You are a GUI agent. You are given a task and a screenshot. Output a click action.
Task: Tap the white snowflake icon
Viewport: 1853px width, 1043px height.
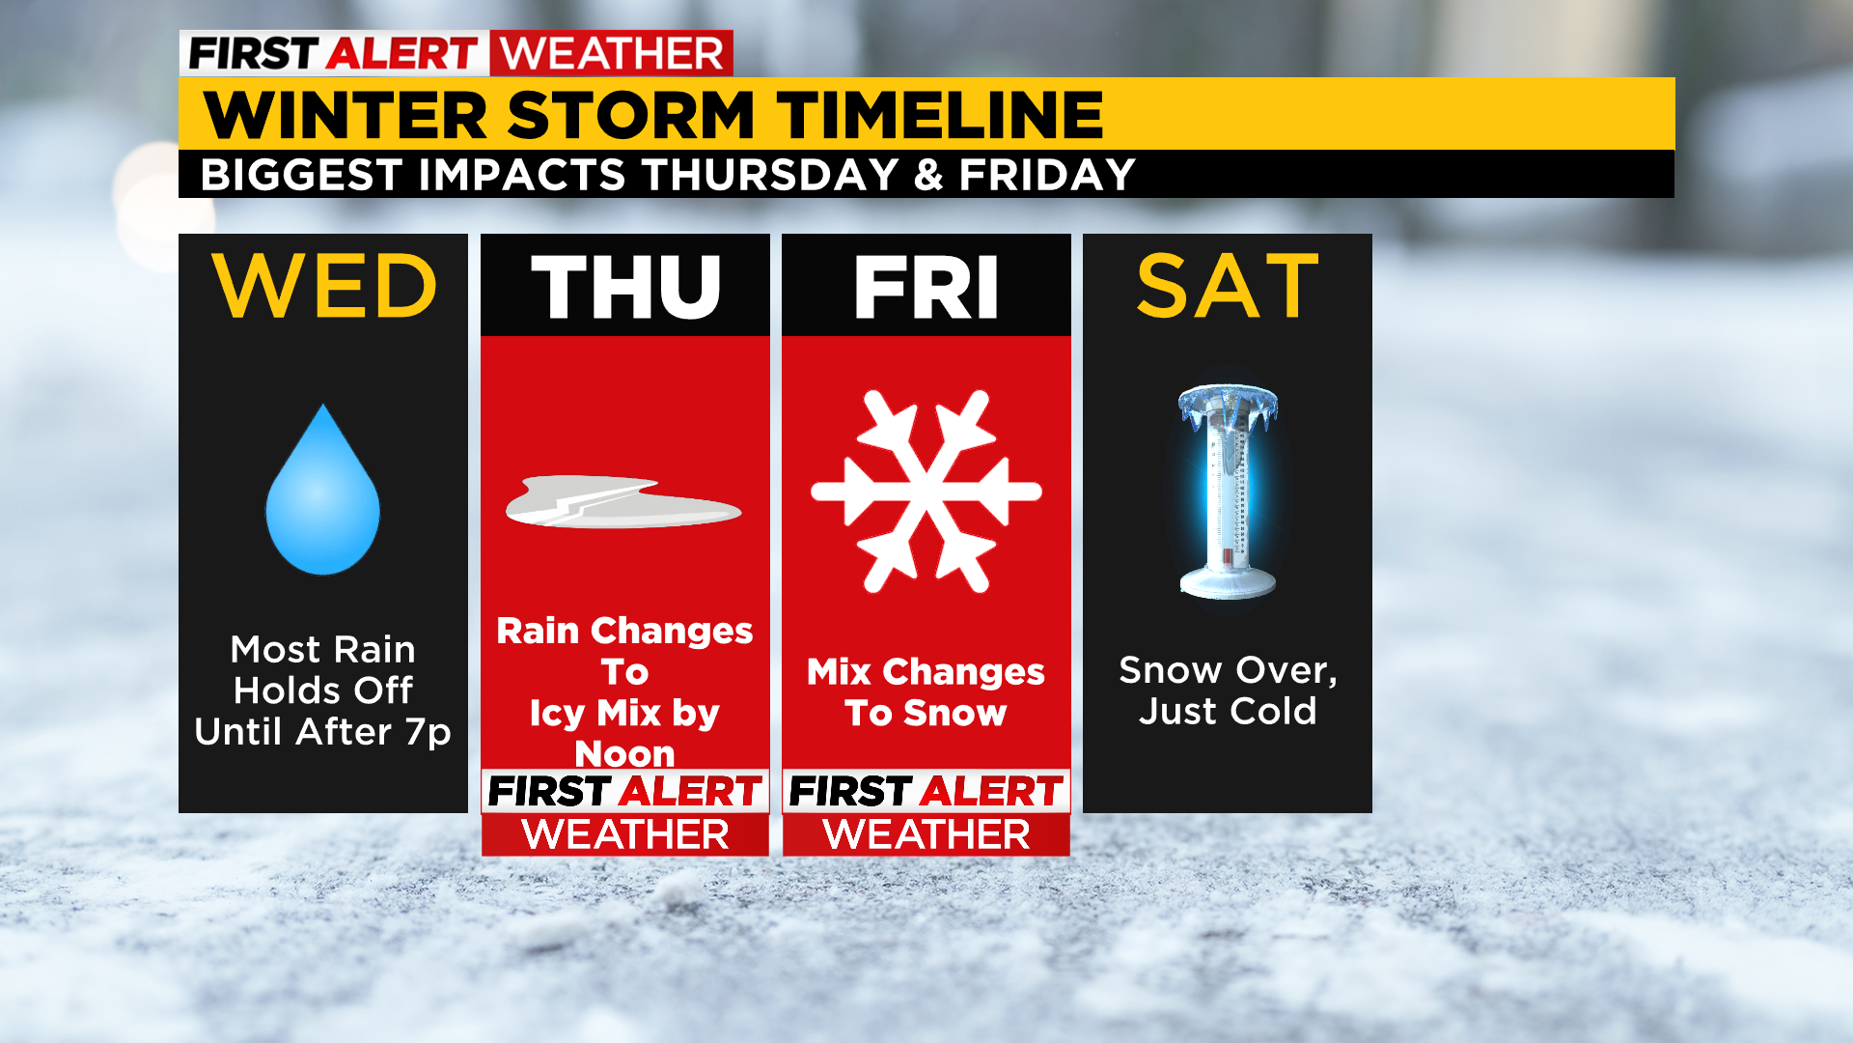[926, 491]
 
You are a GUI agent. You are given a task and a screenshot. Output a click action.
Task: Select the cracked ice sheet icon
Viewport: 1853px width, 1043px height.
[623, 502]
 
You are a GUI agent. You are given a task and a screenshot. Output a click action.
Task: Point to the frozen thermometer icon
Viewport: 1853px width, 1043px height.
[1228, 492]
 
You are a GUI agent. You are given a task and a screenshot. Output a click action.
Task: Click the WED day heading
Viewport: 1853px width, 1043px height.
[324, 286]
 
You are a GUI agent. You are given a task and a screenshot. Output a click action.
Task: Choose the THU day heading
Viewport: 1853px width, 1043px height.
[625, 287]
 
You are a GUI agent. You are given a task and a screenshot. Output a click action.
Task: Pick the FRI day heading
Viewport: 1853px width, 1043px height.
[926, 287]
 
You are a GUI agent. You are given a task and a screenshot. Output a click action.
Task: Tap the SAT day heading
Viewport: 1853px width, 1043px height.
[1228, 286]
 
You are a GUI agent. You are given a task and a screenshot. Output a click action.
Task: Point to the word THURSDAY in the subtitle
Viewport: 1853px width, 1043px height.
[771, 175]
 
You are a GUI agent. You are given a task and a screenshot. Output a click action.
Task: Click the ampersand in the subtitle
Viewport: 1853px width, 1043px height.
[928, 175]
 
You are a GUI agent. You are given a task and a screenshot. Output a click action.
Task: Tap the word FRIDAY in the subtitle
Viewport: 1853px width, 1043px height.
[1047, 175]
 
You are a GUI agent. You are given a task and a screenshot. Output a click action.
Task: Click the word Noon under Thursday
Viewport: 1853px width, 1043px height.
[625, 753]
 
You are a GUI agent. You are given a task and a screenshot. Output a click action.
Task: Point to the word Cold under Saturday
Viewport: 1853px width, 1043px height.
[1274, 711]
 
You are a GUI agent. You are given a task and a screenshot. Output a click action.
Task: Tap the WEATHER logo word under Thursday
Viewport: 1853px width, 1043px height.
[625, 834]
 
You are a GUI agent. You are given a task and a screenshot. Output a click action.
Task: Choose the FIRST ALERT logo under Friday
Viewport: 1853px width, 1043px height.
[926, 791]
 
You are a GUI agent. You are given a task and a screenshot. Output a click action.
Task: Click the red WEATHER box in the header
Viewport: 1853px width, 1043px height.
[612, 53]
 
